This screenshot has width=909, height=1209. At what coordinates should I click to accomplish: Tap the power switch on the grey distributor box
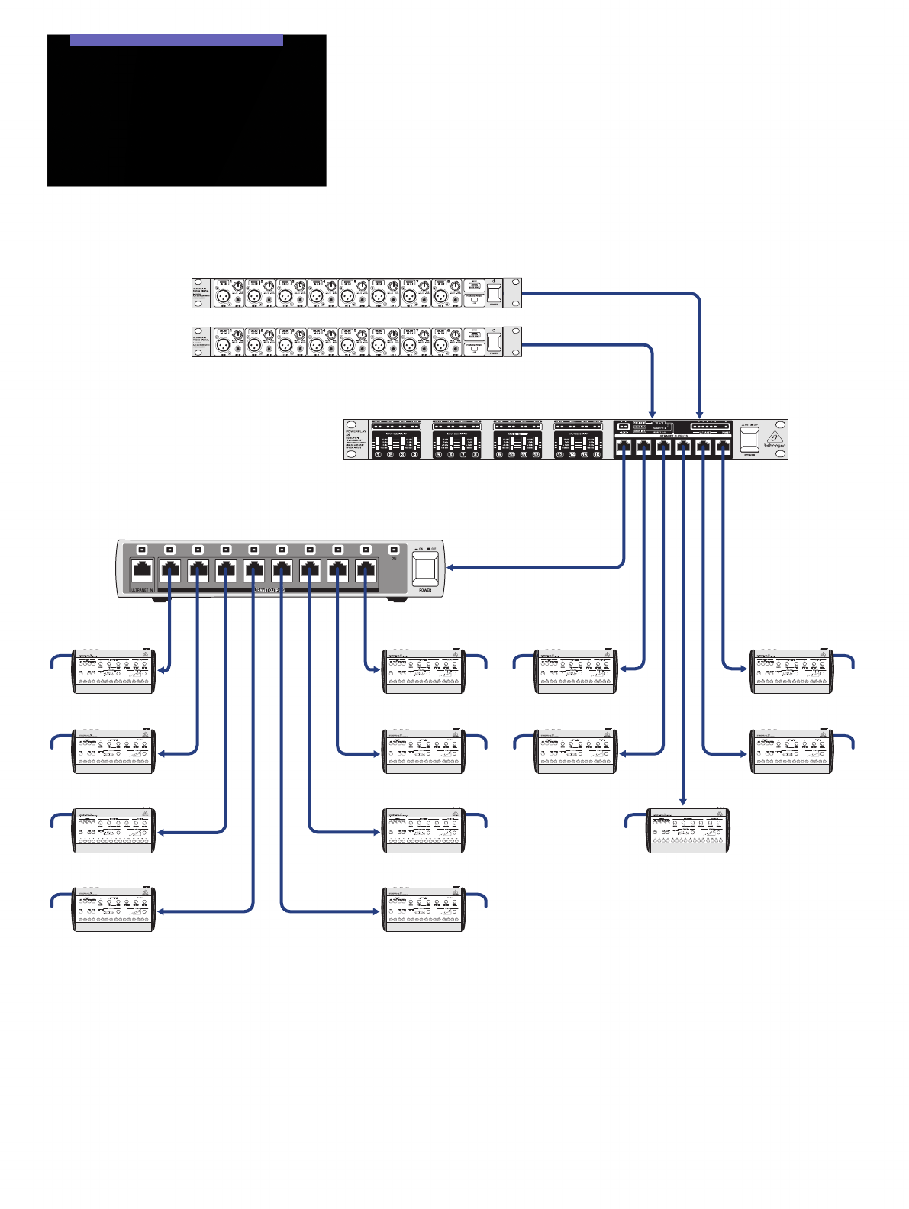click(425, 568)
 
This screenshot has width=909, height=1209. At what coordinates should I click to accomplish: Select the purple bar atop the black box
click(176, 40)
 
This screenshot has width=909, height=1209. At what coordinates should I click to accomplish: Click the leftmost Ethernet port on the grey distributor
click(142, 569)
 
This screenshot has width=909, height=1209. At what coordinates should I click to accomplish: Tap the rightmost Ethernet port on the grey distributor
click(366, 569)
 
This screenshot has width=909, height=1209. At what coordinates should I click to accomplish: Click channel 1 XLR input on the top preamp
click(223, 296)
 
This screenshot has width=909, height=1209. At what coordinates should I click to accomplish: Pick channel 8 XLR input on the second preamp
click(440, 345)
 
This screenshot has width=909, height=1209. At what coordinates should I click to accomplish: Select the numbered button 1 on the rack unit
click(378, 454)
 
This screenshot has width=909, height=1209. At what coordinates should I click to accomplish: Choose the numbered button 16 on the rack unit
click(597, 454)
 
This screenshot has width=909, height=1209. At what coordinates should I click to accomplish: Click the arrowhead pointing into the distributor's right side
click(450, 567)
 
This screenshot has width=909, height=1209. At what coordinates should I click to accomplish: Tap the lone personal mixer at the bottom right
click(688, 830)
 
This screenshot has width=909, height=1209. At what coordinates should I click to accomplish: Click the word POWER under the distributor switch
click(425, 590)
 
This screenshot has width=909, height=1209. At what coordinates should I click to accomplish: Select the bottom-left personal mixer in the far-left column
click(114, 910)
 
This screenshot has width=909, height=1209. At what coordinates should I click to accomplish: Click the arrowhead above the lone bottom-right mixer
click(683, 801)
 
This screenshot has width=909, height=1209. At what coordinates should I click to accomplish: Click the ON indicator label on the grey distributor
click(394, 559)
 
